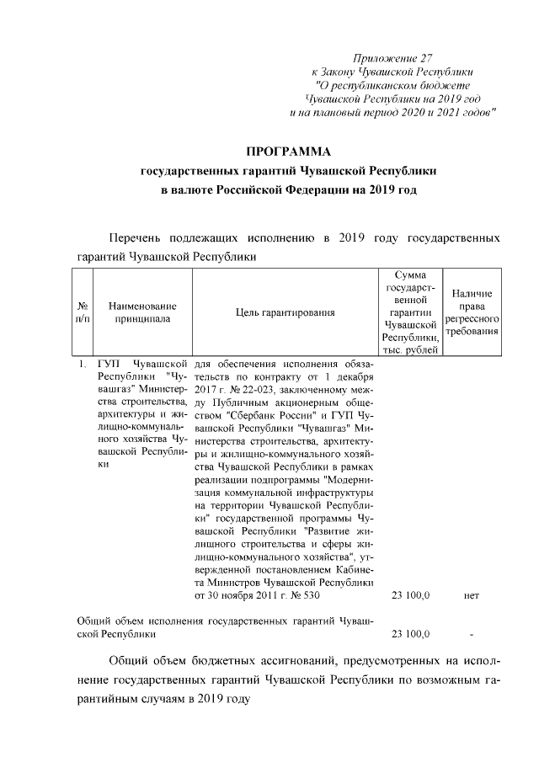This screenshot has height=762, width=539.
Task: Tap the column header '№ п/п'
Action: pyautogui.click(x=83, y=312)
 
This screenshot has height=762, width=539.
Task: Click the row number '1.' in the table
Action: pyautogui.click(x=83, y=365)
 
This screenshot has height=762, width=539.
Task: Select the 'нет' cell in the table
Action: pyautogui.click(x=471, y=595)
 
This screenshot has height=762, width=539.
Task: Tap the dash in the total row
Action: pyautogui.click(x=472, y=634)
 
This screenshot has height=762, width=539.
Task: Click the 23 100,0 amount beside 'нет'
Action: pyautogui.click(x=411, y=595)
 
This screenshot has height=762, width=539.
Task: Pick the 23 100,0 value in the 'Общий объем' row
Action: pyautogui.click(x=411, y=634)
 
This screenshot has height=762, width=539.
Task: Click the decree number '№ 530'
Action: pyautogui.click(x=304, y=595)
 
